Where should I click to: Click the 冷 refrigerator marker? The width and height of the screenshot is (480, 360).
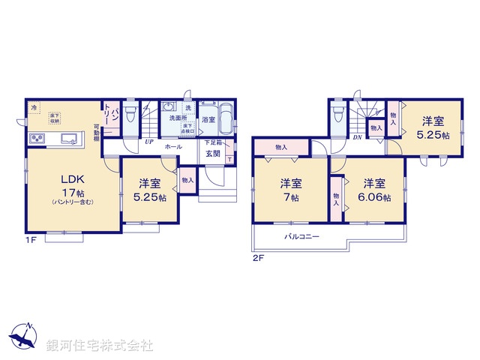pyautogui.click(x=34, y=108)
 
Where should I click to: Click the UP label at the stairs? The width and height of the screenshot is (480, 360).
pyautogui.click(x=150, y=140)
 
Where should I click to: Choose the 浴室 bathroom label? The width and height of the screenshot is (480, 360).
pyautogui.click(x=208, y=119)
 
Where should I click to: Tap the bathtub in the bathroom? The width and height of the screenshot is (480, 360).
pyautogui.click(x=227, y=120)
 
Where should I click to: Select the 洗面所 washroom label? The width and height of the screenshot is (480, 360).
pyautogui.click(x=178, y=118)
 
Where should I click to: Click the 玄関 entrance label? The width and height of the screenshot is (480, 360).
pyautogui.click(x=212, y=154)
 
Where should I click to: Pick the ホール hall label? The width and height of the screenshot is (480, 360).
pyautogui.click(x=173, y=147)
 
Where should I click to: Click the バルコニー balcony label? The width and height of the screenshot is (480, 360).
pyautogui.click(x=301, y=236)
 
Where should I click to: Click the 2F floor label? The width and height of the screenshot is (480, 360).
pyautogui.click(x=257, y=257)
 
